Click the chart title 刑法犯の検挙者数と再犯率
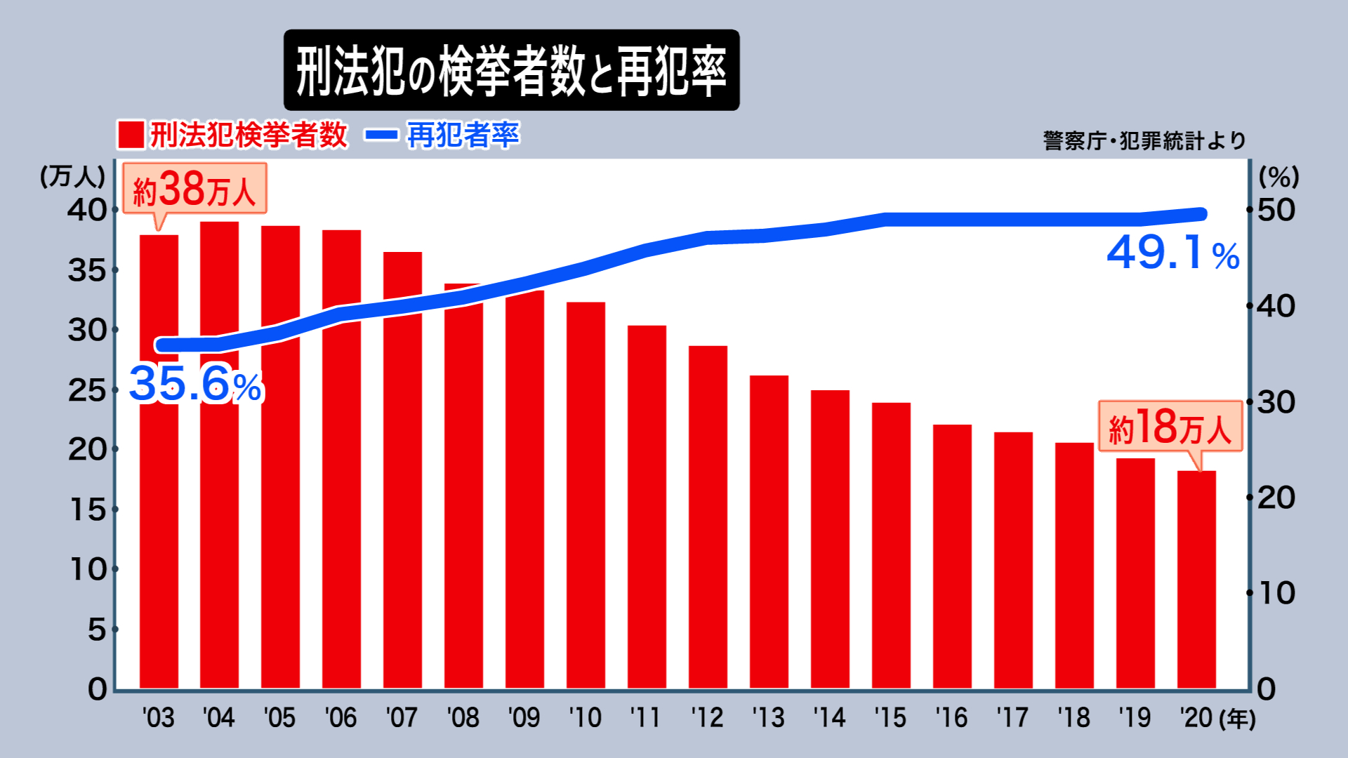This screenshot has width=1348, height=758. (x=511, y=70)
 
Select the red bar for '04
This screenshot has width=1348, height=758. (x=219, y=456)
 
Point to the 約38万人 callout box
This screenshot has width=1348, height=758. (x=194, y=188)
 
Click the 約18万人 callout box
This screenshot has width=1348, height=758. (x=1170, y=426)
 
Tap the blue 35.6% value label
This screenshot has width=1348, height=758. (x=195, y=384)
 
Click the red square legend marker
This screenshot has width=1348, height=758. (x=131, y=135)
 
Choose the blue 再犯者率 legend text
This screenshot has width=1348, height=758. (x=463, y=135)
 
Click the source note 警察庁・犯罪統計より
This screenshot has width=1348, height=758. (x=1144, y=140)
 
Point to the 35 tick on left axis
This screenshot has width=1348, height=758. (x=87, y=270)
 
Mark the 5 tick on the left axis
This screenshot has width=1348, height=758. (x=97, y=630)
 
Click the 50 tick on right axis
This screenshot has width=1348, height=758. (x=1276, y=210)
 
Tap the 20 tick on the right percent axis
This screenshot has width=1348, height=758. (x=1276, y=498)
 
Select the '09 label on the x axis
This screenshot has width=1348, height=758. (x=524, y=718)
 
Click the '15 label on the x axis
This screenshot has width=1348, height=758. (x=890, y=718)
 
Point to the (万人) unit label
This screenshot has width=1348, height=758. (x=72, y=176)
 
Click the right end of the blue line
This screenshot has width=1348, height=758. (x=1201, y=214)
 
